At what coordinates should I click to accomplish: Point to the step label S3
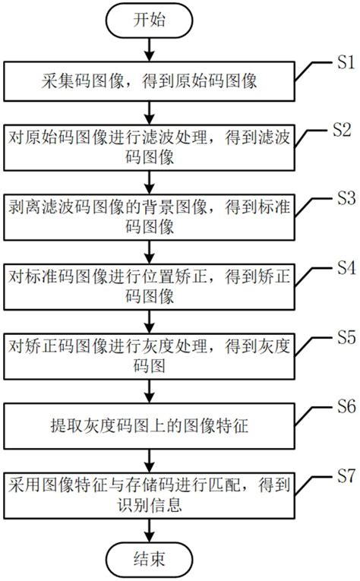point(342,199)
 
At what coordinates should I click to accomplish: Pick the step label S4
point(342,268)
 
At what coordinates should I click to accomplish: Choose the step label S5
point(342,336)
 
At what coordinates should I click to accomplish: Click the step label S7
point(342,476)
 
